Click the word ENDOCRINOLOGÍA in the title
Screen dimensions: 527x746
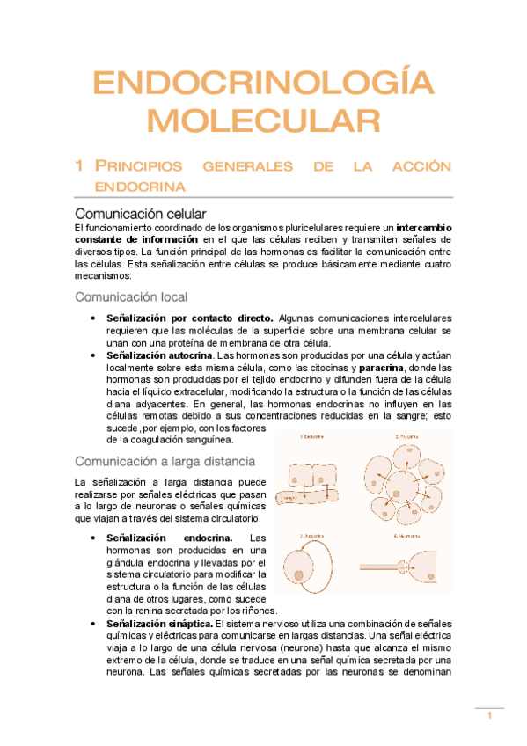pos(264,84)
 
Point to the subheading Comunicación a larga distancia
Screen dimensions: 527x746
pos(165,461)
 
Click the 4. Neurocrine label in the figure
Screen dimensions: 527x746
pos(409,535)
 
